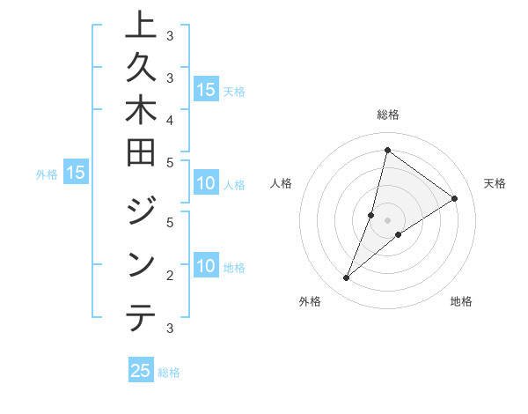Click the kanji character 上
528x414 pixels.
141,25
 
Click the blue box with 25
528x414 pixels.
141,371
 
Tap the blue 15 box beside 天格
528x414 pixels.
206,90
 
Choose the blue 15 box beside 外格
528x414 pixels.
76,173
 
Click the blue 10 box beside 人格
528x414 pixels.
206,184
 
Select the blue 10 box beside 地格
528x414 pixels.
206,267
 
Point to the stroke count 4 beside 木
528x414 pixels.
169,119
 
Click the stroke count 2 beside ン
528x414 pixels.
169,276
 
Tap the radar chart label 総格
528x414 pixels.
387,115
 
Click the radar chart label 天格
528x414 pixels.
495,183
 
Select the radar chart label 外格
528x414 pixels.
309,301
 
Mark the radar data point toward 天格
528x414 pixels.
454,198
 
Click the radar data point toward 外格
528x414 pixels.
347,278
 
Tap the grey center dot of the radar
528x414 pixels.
387,220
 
